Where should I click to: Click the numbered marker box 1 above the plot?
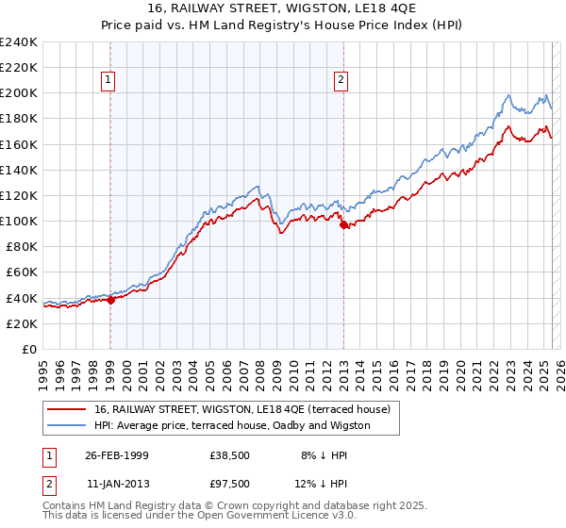click(110, 81)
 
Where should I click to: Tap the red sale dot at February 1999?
click(110, 301)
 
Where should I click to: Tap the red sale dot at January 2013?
click(343, 224)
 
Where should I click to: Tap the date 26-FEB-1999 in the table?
click(117, 454)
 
